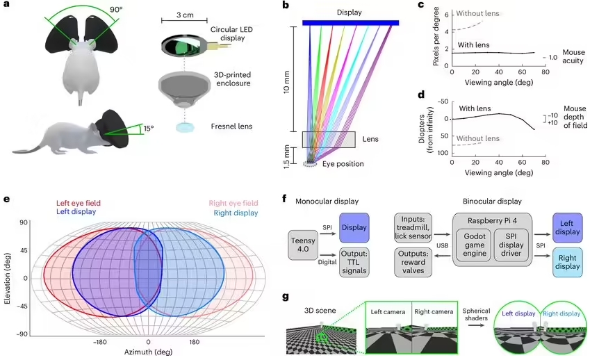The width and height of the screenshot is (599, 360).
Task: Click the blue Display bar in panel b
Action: pyautogui.click(x=351, y=22)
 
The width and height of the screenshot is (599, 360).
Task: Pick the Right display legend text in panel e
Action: pyautogui.click(x=234, y=212)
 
